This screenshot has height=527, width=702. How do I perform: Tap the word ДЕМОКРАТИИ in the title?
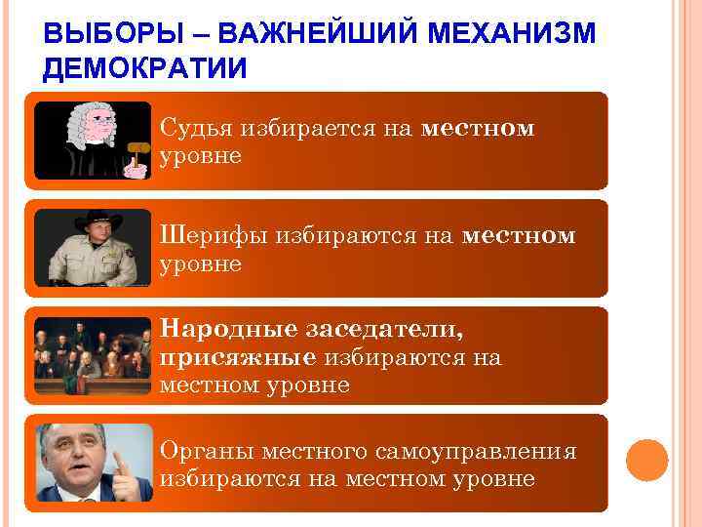[146, 68]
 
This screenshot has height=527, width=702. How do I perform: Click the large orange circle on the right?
[647, 459]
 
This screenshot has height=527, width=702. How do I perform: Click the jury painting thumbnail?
[94, 355]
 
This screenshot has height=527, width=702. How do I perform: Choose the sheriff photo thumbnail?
[94, 248]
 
